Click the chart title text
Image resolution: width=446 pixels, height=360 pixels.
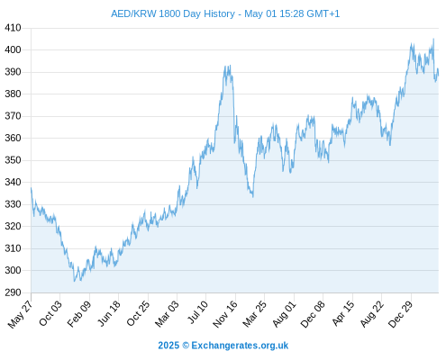tap(225, 13)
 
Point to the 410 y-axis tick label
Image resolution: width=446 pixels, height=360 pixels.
tap(13, 28)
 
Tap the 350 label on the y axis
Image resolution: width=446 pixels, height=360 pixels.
tap(13, 160)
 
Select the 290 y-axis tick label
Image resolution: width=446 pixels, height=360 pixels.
tap(13, 292)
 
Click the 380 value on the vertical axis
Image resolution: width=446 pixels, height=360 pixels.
tap(13, 94)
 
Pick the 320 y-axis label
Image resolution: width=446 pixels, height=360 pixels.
tap(13, 226)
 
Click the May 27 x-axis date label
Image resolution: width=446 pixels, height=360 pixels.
tap(21, 314)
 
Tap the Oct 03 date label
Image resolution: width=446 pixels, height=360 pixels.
tap(50, 313)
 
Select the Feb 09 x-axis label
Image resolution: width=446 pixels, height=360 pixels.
tap(79, 314)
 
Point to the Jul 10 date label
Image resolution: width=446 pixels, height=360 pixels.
tap(197, 312)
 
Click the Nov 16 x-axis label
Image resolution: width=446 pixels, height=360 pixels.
tap(225, 314)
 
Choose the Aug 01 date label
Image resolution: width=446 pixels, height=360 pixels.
tap(285, 313)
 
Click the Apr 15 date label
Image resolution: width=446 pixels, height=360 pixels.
tap(343, 313)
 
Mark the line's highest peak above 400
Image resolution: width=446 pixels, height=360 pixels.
tap(433, 39)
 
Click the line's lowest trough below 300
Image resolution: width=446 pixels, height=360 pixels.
tap(74, 281)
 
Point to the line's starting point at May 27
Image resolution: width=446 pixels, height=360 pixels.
tap(31, 188)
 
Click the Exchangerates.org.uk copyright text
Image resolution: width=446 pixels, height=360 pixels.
tap(240, 346)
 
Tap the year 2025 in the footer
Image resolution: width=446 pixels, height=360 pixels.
tap(168, 346)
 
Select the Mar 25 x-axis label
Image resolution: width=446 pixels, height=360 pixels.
tap(255, 314)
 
